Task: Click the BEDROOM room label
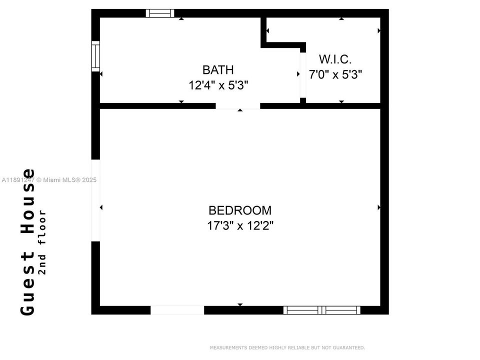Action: (240, 210)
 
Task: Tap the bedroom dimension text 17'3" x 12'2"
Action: (240, 225)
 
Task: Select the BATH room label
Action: (218, 70)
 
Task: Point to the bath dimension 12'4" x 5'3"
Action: (218, 85)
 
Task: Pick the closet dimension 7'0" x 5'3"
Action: (335, 75)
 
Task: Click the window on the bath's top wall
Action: (160, 13)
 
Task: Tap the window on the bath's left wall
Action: (95, 56)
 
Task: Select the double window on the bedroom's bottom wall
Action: (322, 310)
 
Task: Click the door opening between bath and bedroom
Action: (238, 106)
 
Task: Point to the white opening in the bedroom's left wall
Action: (95, 200)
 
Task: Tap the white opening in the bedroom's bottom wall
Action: (177, 310)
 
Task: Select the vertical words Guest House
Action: (28, 242)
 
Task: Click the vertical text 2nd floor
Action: (43, 242)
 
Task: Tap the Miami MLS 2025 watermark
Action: (49, 180)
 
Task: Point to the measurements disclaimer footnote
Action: (287, 347)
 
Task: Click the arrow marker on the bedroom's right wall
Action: (379, 207)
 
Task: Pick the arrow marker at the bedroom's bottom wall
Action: (240, 304)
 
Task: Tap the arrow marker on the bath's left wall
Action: (101, 74)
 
